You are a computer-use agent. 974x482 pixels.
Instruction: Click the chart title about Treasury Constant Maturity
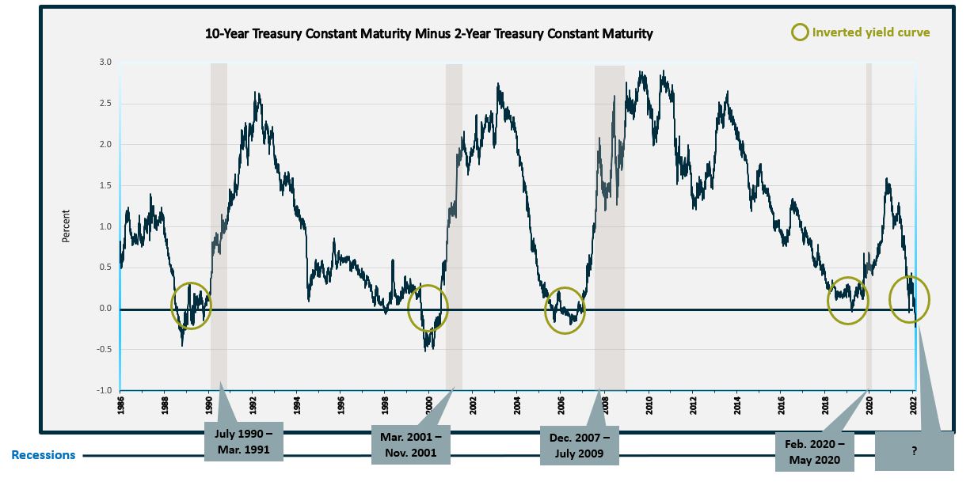(x=428, y=34)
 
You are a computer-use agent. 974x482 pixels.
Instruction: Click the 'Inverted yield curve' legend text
(x=871, y=32)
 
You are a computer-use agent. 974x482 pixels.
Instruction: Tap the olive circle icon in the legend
(x=801, y=32)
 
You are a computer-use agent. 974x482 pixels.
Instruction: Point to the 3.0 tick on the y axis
(x=105, y=62)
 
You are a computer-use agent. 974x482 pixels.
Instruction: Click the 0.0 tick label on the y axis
(x=105, y=309)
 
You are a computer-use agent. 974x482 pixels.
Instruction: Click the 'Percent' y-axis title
(x=67, y=226)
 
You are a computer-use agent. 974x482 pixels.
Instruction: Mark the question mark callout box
(x=914, y=450)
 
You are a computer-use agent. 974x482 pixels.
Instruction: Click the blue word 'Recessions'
(x=44, y=455)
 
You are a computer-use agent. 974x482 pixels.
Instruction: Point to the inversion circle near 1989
(x=192, y=306)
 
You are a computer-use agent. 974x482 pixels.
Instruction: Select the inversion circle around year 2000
(x=428, y=309)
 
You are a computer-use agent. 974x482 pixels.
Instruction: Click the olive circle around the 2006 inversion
(x=564, y=310)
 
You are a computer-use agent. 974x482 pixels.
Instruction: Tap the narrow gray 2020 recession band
(x=869, y=222)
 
